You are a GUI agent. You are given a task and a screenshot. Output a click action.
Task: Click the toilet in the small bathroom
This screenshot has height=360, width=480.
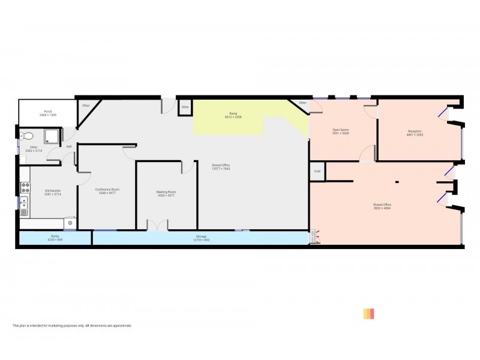25,136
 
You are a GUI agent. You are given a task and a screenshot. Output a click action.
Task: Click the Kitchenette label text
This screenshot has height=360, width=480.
52,191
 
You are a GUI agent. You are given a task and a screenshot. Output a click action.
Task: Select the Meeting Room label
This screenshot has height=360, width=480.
166,192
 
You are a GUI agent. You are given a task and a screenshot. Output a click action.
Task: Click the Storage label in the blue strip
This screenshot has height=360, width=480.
201,236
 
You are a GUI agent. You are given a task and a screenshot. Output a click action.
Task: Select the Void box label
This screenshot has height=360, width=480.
317,172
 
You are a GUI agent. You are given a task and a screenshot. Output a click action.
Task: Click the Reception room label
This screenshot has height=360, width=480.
415,131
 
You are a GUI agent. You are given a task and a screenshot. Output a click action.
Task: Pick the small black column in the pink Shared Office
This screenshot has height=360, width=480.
396,182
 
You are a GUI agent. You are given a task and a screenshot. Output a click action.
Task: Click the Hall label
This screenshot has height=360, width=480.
69,146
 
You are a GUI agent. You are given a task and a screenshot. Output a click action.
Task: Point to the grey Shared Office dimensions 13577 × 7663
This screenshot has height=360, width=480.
221,169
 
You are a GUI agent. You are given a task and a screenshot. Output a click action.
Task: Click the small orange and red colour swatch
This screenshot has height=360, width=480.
368,314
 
